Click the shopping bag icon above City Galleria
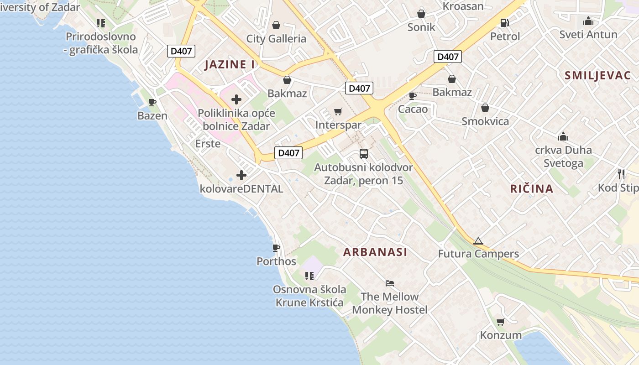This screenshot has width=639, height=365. tap(276, 25)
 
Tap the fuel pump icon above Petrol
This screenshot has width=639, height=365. tap(504, 22)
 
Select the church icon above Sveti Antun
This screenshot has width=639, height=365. tap(588, 21)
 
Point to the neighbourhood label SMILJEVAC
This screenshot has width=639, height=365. tap(597, 76)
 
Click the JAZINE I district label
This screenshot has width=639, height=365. tap(230, 65)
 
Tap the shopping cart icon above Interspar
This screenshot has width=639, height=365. tap(338, 111)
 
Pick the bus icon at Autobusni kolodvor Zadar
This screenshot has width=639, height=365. tap(363, 154)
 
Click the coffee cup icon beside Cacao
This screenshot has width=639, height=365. tap(413, 96)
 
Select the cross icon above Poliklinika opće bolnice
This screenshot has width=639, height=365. tap(236, 99)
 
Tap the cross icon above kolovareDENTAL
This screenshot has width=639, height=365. tap(241, 175)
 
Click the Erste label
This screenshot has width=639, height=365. tap(208, 144)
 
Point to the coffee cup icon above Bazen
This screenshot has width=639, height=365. tap(152, 102)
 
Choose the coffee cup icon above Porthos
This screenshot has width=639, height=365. tap(276, 248)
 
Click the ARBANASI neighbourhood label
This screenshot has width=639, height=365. tap(375, 252)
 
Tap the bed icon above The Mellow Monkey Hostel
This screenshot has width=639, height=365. tap(389, 283)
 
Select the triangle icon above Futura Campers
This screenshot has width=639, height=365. tap(478, 241)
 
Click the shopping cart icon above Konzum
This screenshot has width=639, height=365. tap(500, 322)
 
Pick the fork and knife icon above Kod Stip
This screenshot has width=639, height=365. tap(621, 174)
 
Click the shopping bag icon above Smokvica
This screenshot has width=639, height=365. tap(485, 108)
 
